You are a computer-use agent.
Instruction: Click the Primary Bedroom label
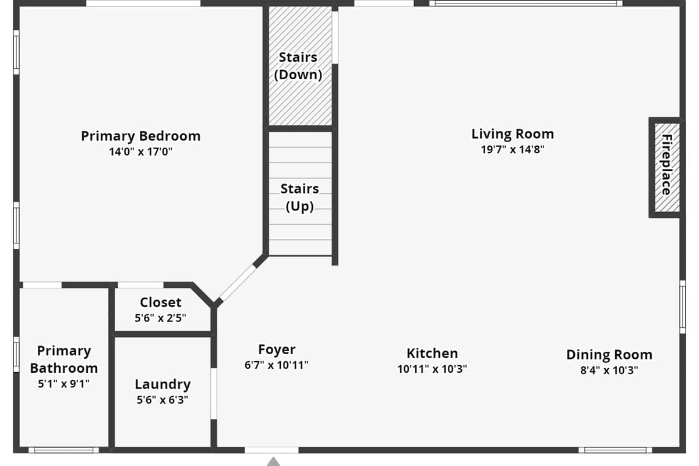click(x=141, y=136)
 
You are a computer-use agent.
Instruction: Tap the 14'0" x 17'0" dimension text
click(x=141, y=151)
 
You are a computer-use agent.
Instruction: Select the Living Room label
click(x=513, y=134)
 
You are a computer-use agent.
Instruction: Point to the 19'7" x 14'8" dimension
click(x=513, y=150)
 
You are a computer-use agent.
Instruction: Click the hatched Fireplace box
click(x=667, y=168)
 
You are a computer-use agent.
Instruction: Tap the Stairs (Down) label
click(x=298, y=66)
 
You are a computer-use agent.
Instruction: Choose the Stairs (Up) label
click(x=299, y=197)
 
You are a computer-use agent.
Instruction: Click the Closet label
click(x=160, y=302)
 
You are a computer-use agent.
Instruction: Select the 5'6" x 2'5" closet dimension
click(x=160, y=318)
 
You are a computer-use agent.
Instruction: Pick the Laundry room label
click(x=163, y=384)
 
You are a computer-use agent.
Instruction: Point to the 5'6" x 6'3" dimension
click(x=163, y=400)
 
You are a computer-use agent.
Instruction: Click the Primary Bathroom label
click(x=64, y=359)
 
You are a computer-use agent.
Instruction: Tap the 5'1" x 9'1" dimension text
click(x=63, y=384)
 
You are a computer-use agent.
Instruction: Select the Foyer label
click(x=277, y=349)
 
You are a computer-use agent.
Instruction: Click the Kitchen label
click(x=432, y=354)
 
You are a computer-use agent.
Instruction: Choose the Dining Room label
click(x=609, y=355)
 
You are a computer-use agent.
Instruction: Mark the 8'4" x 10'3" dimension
click(x=609, y=370)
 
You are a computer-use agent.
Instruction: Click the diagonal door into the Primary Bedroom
click(x=238, y=283)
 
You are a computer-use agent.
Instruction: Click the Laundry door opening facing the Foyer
click(x=214, y=394)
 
